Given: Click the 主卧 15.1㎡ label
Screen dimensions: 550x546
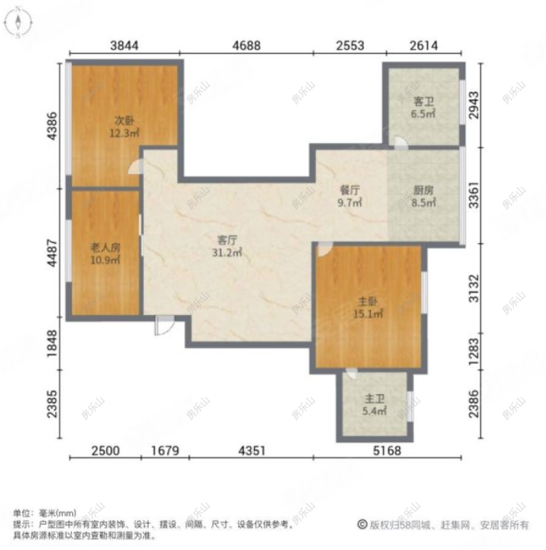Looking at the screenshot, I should click(x=368, y=306).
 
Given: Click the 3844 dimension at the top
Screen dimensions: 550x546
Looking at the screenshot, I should click(x=124, y=46).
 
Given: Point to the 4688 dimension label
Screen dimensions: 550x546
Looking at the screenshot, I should click(x=246, y=46).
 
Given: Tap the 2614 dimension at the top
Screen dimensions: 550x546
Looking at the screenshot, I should click(x=423, y=46).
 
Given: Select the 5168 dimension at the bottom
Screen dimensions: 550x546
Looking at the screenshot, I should click(x=387, y=451).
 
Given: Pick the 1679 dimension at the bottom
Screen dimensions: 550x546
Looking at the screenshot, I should click(x=165, y=451).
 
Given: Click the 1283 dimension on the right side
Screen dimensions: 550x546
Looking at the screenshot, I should click(x=474, y=350).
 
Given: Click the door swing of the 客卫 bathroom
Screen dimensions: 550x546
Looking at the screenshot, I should click(x=402, y=143).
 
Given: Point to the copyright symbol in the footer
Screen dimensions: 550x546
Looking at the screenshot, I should click(x=362, y=525).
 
